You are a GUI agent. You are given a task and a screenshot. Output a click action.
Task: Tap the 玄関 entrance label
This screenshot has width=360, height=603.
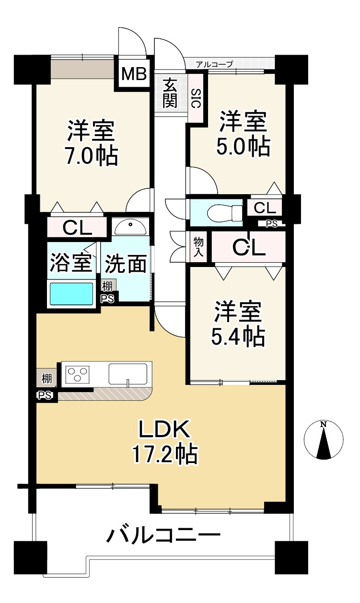pos(170,93)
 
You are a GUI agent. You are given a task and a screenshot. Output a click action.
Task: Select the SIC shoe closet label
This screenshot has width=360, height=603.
pos(196,99)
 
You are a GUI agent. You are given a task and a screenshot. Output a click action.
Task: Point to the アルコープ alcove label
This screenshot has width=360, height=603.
pos(214,64)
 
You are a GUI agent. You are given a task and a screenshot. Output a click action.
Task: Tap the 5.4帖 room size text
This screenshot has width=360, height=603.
pos(238,337)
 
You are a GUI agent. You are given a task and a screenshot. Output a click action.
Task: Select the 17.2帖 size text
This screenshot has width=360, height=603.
pos(165,455)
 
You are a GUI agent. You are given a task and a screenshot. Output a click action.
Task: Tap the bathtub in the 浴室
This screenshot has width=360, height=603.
pos(70,294)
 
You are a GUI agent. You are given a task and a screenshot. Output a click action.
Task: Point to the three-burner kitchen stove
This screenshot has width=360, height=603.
pos(78,374)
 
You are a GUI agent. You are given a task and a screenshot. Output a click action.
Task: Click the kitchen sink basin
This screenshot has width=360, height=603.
pos(128,374)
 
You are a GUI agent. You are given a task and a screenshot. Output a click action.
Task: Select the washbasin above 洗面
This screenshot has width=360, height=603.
pos(131,226)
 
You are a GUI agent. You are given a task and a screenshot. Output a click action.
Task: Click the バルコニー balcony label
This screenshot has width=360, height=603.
pos(163,541)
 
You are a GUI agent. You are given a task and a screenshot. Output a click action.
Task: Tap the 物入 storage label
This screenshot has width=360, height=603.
pos(198,247)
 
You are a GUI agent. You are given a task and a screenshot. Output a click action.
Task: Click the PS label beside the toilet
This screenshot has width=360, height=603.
pos(271,224)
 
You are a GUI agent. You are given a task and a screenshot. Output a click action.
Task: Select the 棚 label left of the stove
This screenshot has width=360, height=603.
pos(46,379)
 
